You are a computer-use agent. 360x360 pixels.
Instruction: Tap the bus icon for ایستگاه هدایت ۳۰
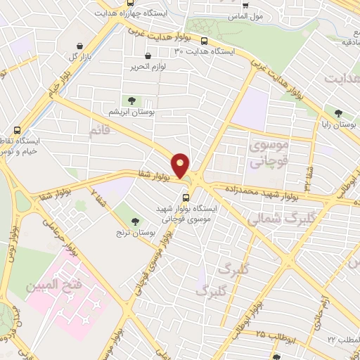[x=204, y=41]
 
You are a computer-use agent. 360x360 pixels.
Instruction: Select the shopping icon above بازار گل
[x=72, y=44]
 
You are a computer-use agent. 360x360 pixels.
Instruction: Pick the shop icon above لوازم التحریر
[x=147, y=56]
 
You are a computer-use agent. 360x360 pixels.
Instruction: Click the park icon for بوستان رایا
[x=339, y=113]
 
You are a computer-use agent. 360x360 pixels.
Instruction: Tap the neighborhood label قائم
[x=101, y=131]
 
